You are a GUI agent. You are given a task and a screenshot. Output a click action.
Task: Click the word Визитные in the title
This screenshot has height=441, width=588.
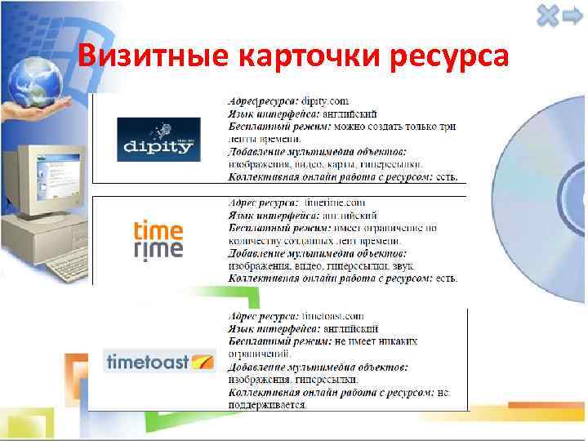[x=152, y=56]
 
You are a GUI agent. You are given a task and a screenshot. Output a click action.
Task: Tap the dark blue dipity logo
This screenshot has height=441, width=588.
[x=158, y=139]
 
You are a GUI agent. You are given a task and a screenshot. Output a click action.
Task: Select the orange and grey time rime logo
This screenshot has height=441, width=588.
[x=158, y=238]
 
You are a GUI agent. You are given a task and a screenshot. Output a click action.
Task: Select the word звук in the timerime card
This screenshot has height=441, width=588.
[x=402, y=265]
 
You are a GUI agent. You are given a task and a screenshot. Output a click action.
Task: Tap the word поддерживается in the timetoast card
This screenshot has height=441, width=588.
[x=267, y=404]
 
